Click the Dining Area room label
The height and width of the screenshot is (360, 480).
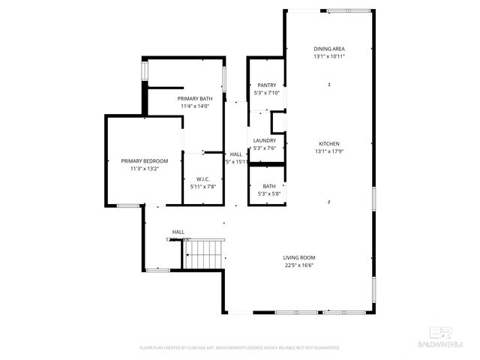(329, 49)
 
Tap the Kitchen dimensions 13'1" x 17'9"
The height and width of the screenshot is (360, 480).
(330, 151)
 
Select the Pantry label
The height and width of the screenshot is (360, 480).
(267, 85)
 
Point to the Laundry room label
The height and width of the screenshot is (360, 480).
(265, 140)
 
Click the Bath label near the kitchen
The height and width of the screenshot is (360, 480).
(268, 187)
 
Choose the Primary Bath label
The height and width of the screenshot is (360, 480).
(193, 99)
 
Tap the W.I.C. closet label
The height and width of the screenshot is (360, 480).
(202, 178)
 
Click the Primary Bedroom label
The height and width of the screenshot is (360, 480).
(145, 161)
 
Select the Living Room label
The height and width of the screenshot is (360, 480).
(298, 258)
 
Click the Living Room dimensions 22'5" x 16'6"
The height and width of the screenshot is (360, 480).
(298, 265)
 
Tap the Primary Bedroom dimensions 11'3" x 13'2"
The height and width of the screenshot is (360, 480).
(145, 169)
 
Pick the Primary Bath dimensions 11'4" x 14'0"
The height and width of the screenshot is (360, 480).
(193, 106)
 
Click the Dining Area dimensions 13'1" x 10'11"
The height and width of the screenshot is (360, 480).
(329, 56)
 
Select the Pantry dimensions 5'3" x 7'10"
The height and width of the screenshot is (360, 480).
(267, 93)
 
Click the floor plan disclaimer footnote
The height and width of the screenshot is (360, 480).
(240, 348)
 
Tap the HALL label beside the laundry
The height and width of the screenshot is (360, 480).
(235, 154)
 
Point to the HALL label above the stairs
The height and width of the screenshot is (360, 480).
(178, 232)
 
